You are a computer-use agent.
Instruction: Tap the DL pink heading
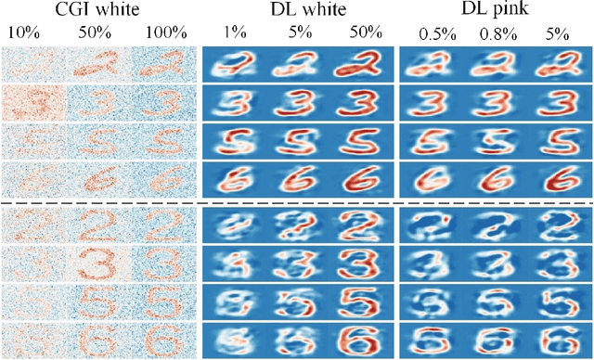pos(494,11)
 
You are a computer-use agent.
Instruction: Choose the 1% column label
pos(233,32)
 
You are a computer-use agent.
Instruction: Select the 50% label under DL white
pos(361,32)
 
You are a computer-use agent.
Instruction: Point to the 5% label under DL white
pos(298,32)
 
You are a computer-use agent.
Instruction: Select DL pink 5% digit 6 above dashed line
pos(556,179)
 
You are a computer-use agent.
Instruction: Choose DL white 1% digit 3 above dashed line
pos(233,102)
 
